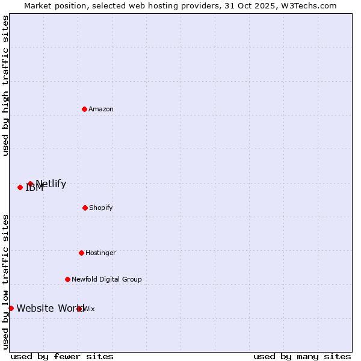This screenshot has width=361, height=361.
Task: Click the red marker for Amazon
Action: coord(84,109)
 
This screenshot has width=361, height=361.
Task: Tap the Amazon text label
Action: coord(101,109)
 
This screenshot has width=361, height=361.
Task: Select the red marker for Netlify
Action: coord(30,184)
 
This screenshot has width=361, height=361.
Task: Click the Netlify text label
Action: coord(51,184)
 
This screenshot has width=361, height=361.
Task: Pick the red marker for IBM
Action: coord(20,187)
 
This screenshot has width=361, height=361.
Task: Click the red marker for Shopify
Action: coord(85,208)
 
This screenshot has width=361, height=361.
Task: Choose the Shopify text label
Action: coord(101,208)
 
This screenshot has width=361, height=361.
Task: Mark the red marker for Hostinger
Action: coord(81,253)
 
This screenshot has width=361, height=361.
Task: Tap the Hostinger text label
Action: coord(100,253)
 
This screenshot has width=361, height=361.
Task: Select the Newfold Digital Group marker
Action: coord(67,279)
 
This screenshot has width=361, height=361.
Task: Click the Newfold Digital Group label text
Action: coord(106,279)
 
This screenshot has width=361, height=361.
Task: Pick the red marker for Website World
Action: coord(11,308)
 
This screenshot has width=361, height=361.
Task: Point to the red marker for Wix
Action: coord(79,309)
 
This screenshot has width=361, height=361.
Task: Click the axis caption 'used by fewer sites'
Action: coord(62,356)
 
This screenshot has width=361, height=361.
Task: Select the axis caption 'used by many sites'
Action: coord(302,356)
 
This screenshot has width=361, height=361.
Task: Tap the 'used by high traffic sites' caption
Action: coord(5,85)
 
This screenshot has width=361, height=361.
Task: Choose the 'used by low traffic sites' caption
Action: coord(5,282)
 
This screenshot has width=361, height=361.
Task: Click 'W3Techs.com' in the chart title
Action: coord(309,5)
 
